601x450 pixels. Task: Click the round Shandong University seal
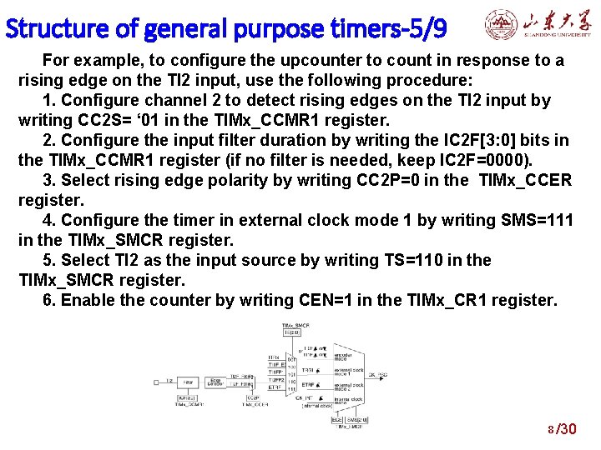[500, 26]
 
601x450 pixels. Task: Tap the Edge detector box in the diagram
[214, 382]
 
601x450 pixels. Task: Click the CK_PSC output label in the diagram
[377, 375]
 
